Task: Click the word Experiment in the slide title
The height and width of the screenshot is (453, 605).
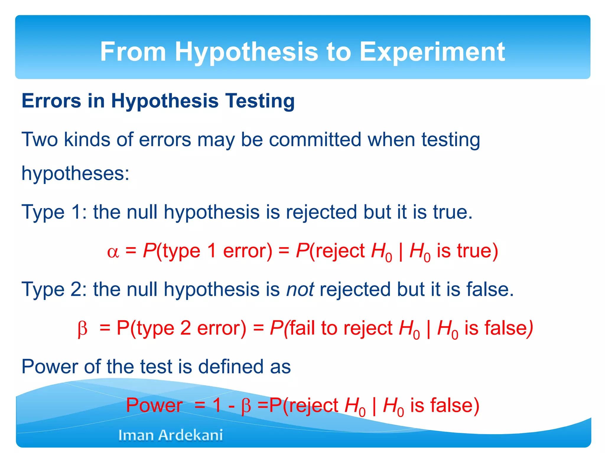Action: pyautogui.click(x=432, y=52)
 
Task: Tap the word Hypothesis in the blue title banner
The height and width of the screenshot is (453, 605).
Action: pyautogui.click(x=246, y=52)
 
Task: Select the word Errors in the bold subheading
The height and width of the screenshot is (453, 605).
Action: pyautogui.click(x=51, y=101)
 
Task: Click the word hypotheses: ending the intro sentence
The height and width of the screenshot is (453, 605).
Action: pyautogui.click(x=75, y=173)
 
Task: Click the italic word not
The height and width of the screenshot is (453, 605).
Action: pyautogui.click(x=300, y=289)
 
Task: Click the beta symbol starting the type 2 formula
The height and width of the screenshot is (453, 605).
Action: pyautogui.click(x=82, y=329)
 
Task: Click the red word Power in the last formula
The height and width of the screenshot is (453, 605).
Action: pyautogui.click(x=154, y=405)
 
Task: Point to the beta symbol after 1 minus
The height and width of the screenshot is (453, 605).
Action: pyautogui.click(x=246, y=406)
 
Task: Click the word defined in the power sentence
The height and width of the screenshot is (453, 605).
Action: pyautogui.click(x=231, y=367)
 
